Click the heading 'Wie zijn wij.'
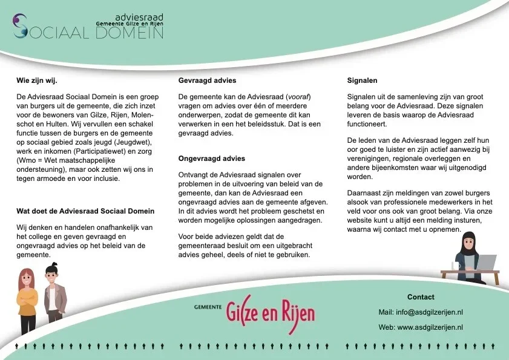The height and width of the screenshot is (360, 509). pos(37,80)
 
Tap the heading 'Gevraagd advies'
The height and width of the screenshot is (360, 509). pos(207,80)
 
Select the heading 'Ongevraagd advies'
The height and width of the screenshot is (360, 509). pos(211,158)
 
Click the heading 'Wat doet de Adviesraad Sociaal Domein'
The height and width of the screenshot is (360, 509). pos(85,211)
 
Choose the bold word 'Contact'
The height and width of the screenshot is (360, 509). pos(421,297)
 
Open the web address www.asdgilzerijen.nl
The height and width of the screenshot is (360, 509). pos(430,327)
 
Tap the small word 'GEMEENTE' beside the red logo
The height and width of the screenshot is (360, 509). pos(208,307)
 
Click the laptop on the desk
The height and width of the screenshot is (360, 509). pos(484,263)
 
